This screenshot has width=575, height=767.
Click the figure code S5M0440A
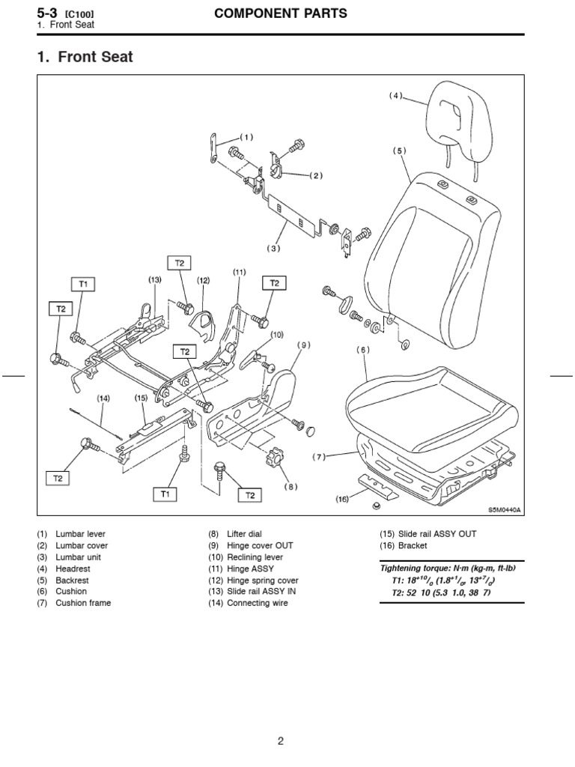tap(504, 509)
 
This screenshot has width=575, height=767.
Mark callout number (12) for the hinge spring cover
tap(203, 280)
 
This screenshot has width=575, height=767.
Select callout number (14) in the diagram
tap(103, 398)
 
